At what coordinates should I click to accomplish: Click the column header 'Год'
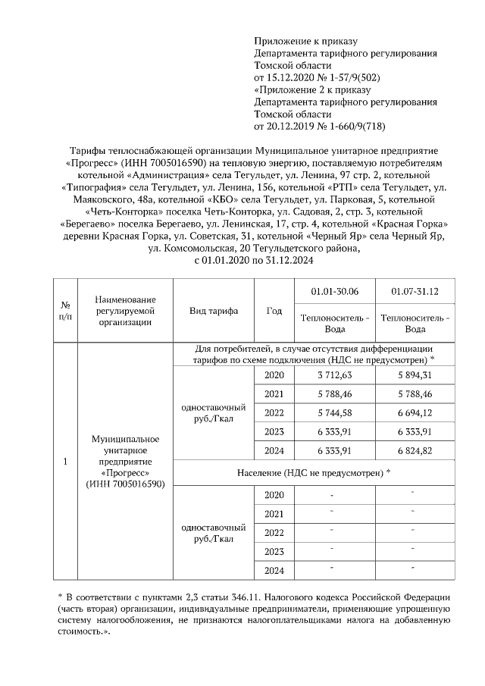[274, 311]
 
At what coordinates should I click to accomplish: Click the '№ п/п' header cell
[65, 311]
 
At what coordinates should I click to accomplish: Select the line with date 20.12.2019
[319, 126]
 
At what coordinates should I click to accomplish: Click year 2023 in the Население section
[274, 551]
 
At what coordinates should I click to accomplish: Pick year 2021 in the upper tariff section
[274, 394]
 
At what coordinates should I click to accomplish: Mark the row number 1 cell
[65, 462]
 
